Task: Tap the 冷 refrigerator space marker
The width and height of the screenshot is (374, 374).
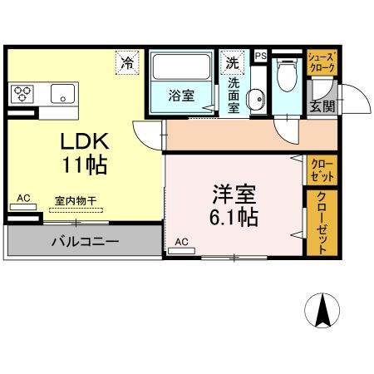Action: point(127,62)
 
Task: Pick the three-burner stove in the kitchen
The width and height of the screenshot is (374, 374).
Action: point(22,92)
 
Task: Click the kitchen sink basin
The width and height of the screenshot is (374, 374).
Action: point(63,92)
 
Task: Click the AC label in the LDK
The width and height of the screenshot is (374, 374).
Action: point(23,198)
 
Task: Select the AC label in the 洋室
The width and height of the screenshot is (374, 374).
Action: point(181,243)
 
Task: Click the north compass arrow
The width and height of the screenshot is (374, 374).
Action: point(323,312)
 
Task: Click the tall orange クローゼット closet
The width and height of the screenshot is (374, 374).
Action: point(322,222)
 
